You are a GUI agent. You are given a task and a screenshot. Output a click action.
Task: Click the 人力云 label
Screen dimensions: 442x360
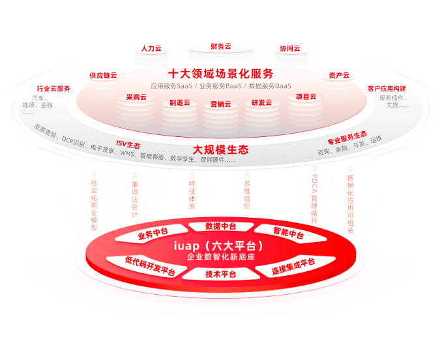point(151,48)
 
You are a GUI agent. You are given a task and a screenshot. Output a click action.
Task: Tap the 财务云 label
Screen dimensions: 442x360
point(221,46)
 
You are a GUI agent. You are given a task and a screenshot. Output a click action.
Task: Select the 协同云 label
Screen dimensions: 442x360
point(290,48)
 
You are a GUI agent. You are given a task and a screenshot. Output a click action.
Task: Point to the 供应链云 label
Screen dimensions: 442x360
point(103,76)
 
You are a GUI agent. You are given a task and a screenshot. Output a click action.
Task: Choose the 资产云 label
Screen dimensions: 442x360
point(339,76)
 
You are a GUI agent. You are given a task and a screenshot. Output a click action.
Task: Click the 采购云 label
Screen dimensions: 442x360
point(136,97)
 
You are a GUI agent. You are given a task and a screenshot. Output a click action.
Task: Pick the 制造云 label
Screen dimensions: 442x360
point(180,103)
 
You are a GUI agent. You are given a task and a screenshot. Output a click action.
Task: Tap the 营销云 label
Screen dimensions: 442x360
point(221,104)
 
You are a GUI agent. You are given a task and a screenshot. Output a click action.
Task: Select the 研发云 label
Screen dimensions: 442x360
point(261,103)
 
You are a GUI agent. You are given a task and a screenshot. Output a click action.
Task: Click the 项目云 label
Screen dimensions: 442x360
point(306,97)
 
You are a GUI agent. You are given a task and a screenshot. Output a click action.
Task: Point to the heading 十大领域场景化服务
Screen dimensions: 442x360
point(221,74)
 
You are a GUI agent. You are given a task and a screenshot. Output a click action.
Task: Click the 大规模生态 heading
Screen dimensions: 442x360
point(221,150)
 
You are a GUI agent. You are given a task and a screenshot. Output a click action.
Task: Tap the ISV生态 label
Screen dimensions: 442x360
point(128,144)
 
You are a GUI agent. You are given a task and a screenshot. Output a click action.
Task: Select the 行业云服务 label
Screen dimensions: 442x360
point(53,89)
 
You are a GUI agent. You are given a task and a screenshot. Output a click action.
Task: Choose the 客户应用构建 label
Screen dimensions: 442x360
point(387,89)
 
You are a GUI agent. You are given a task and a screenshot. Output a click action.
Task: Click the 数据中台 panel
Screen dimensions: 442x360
point(221,226)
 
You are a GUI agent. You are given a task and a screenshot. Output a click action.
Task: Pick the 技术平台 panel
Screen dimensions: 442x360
point(221,274)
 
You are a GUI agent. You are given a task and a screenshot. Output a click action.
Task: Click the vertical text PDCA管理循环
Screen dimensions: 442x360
point(314,199)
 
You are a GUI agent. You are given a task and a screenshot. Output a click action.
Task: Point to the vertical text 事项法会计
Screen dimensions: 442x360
point(135,200)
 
